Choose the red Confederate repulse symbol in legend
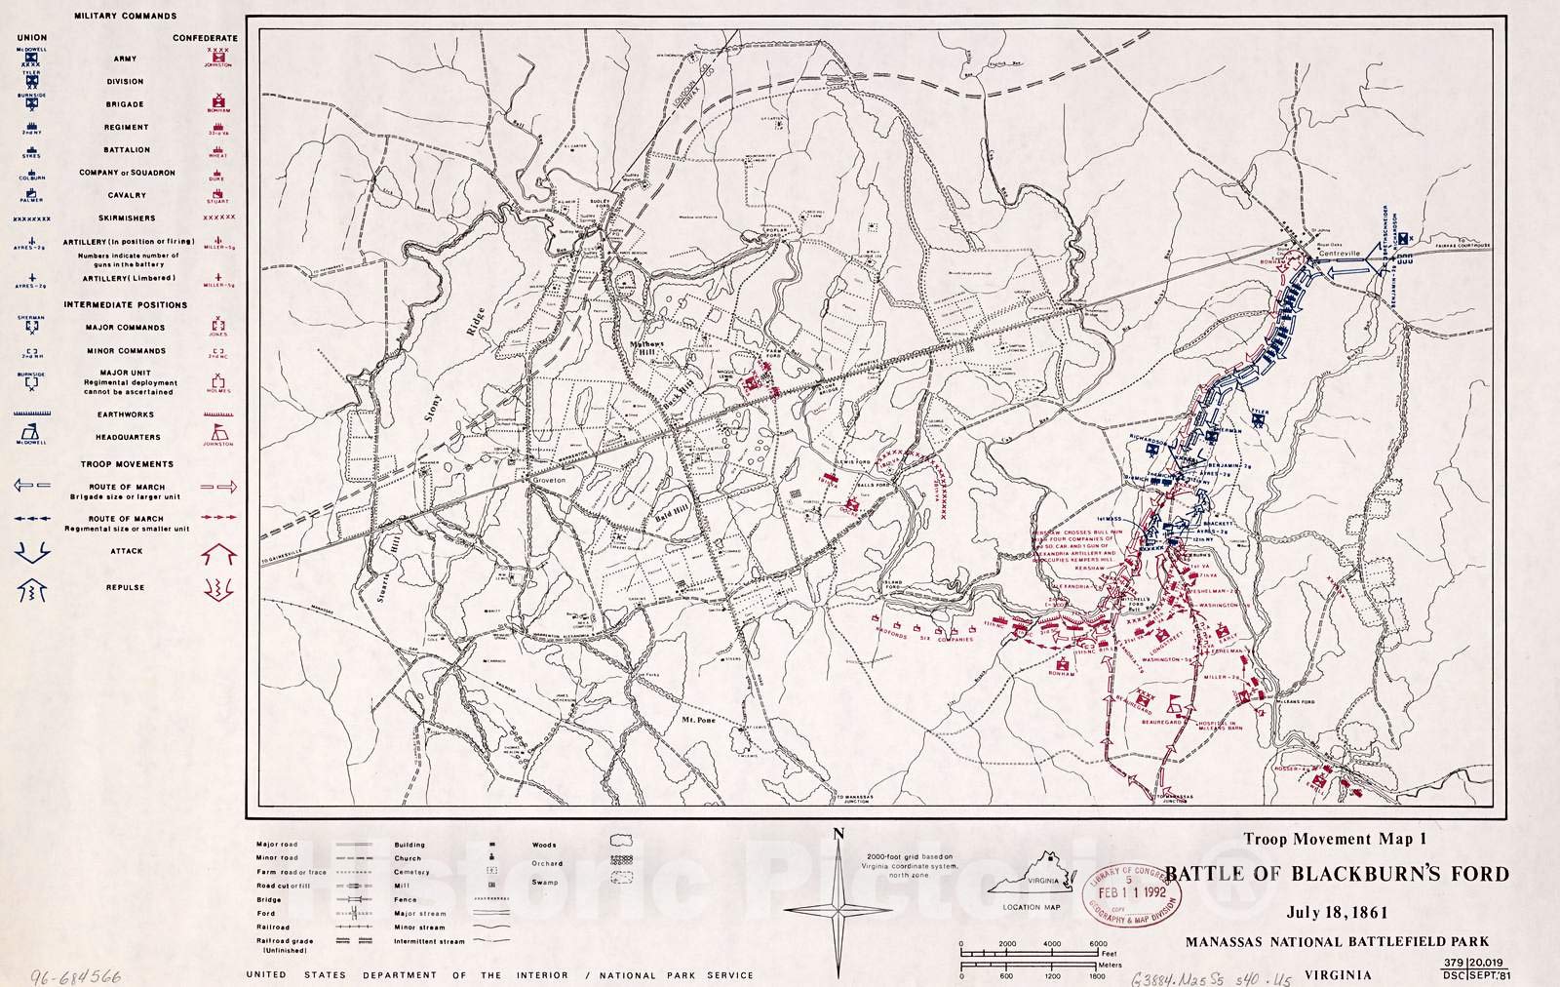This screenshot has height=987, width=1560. [x=219, y=589]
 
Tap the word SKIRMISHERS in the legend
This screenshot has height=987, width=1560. [x=125, y=218]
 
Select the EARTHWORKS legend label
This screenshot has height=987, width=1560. [x=125, y=414]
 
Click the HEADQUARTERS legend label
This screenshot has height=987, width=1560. [x=125, y=437]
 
